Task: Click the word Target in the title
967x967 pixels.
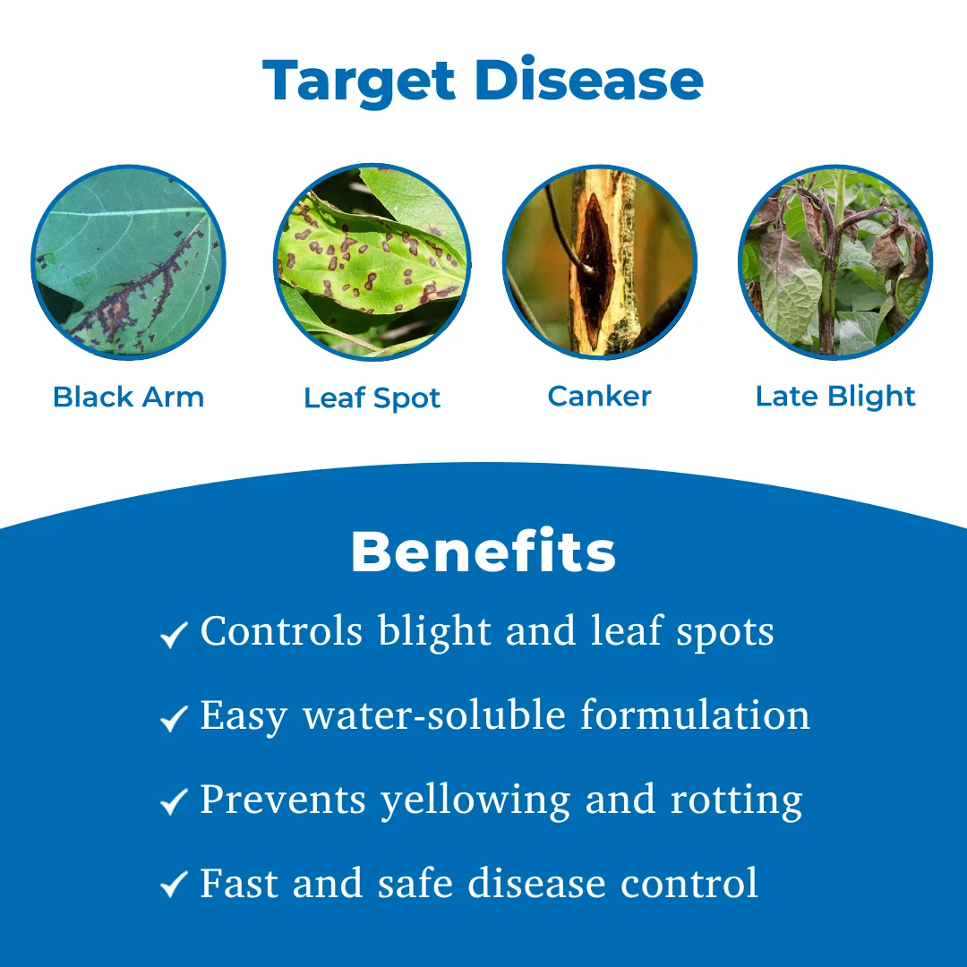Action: [x=358, y=81]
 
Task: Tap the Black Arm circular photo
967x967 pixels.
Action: [x=128, y=262]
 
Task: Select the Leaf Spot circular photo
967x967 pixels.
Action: [x=372, y=262]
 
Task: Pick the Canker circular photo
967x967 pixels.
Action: [x=599, y=262]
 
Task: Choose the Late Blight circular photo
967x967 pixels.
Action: [x=835, y=262]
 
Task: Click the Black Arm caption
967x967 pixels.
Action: [x=128, y=397]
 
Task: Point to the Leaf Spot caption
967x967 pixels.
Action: [x=372, y=398]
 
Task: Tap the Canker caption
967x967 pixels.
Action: [x=599, y=396]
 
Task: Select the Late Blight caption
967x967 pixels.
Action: [x=835, y=398]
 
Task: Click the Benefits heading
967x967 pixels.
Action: [x=483, y=552]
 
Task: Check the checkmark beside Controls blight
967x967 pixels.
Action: [x=174, y=635]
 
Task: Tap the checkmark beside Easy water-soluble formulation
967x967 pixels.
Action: [x=174, y=718]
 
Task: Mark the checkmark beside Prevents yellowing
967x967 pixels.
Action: [x=174, y=801]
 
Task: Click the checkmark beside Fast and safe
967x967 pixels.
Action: [x=174, y=885]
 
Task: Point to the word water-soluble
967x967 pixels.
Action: [x=434, y=715]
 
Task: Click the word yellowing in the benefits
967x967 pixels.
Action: [x=475, y=801]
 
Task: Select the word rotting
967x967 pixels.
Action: [x=736, y=801]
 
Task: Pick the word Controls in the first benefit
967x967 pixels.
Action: [x=281, y=631]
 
